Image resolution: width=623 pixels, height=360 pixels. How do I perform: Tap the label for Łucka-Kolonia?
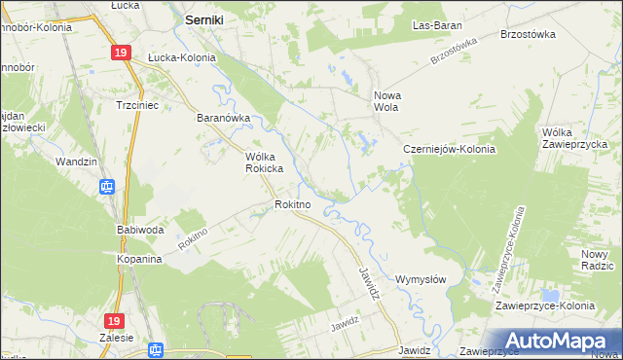181,57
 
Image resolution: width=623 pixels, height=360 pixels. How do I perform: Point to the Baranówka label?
224,119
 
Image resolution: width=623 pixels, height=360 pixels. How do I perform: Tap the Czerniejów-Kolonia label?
450,150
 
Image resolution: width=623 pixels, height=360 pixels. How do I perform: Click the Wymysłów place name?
421,279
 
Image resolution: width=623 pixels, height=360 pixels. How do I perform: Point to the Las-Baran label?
437,24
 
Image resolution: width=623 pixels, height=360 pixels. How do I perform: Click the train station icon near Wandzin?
108,186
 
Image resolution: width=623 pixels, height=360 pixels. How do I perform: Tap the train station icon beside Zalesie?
154,349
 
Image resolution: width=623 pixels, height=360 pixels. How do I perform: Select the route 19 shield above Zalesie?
114,320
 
